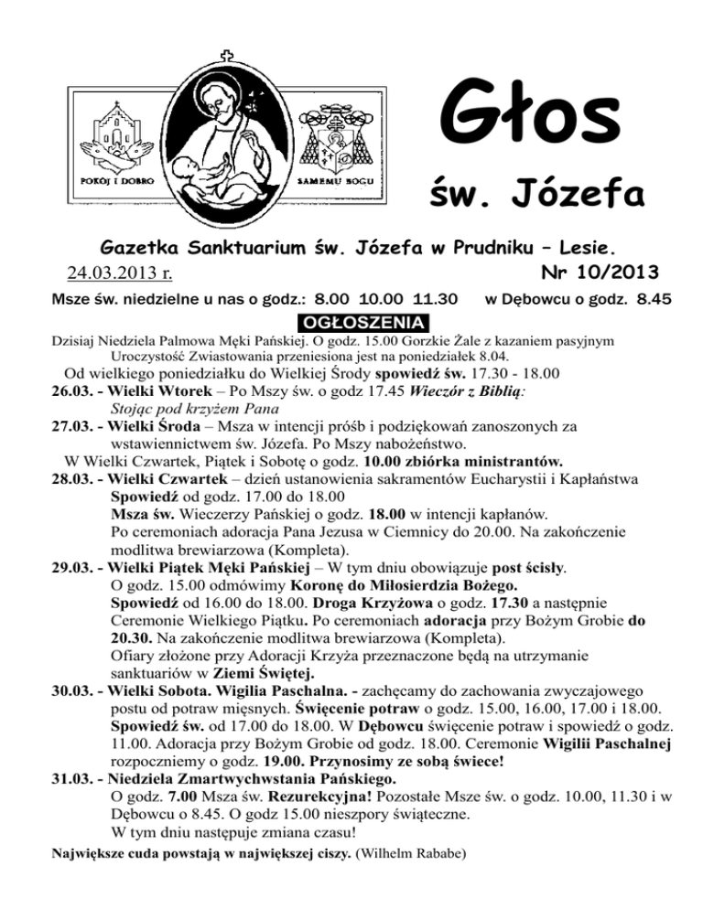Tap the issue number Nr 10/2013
597,271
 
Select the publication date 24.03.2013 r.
122,273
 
